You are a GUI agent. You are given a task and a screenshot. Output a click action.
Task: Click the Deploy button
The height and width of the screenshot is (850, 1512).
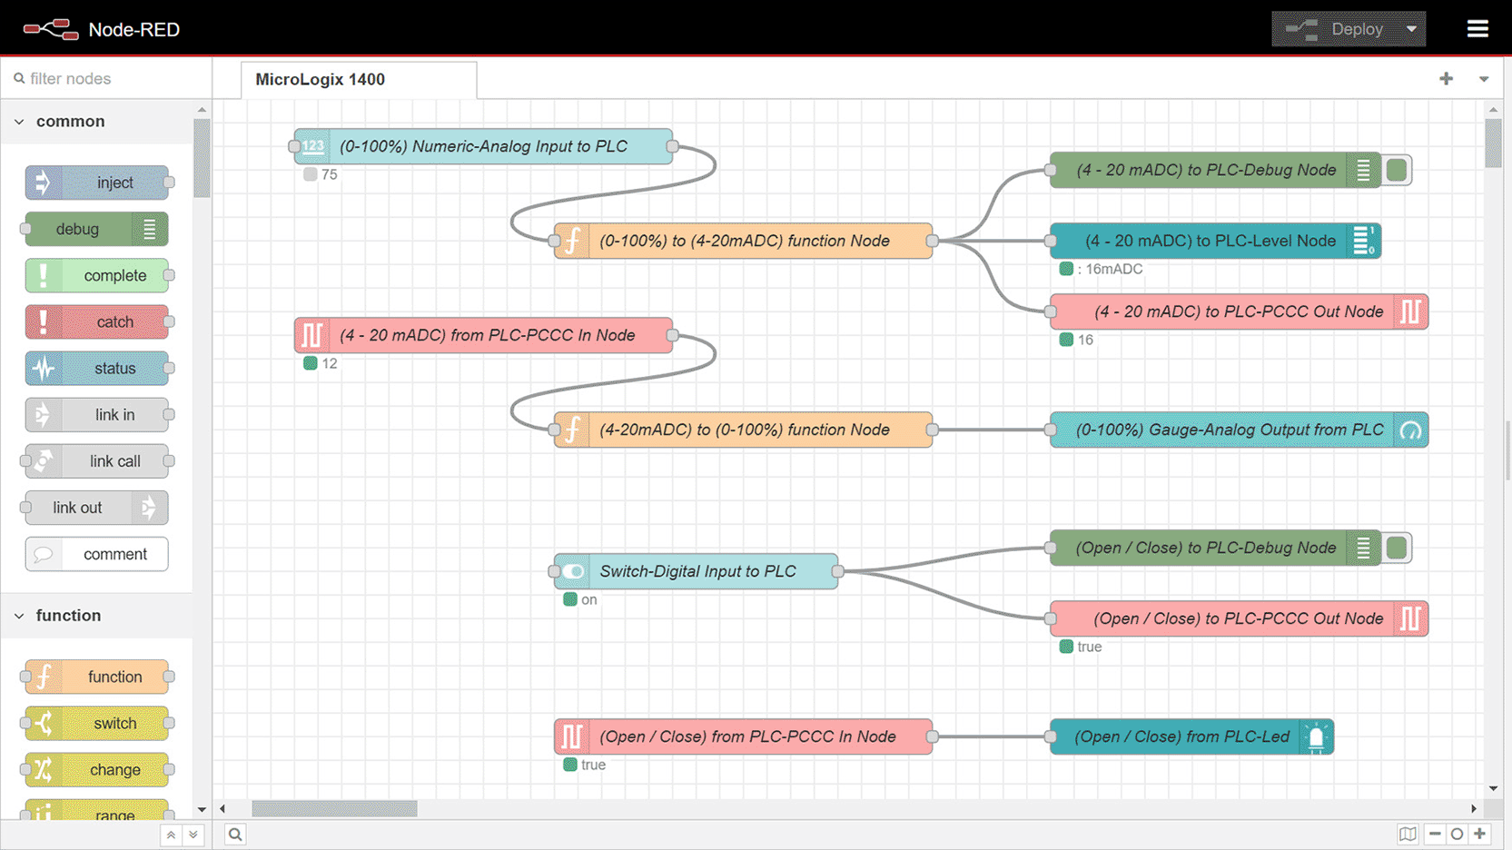1348,29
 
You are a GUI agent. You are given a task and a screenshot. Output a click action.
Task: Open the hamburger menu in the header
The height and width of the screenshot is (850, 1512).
1477,29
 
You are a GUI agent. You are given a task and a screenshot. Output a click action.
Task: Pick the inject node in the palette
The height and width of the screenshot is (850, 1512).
97,183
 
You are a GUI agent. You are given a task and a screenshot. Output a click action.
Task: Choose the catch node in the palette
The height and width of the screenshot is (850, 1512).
97,322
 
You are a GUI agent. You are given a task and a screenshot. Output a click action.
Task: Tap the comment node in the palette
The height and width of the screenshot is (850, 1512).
97,554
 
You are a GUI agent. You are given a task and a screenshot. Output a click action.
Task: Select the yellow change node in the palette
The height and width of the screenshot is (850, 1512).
97,770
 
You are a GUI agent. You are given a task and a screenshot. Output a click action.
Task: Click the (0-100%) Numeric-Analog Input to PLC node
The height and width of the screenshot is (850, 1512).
483,146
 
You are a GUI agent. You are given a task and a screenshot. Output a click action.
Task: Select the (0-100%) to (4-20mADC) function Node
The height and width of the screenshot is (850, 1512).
743,241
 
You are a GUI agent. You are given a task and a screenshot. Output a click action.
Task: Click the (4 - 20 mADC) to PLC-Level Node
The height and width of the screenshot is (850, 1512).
1215,241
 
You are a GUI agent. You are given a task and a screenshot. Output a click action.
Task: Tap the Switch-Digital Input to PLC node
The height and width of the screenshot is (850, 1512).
696,571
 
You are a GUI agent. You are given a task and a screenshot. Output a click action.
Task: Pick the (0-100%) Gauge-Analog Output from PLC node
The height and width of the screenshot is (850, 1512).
1240,430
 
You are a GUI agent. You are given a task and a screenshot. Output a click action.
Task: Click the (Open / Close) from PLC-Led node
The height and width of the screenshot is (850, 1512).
1191,736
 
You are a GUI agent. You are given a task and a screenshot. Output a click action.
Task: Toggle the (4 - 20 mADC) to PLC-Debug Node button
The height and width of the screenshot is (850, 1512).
1397,170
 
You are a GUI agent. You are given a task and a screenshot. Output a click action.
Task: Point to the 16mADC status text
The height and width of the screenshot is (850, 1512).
1110,270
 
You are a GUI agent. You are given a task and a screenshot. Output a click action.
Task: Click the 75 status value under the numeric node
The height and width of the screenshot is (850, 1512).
330,175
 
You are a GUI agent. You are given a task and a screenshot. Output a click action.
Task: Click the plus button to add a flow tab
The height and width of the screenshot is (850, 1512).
1446,79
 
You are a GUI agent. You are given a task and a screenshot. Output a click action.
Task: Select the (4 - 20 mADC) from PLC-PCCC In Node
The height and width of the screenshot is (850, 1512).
483,335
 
